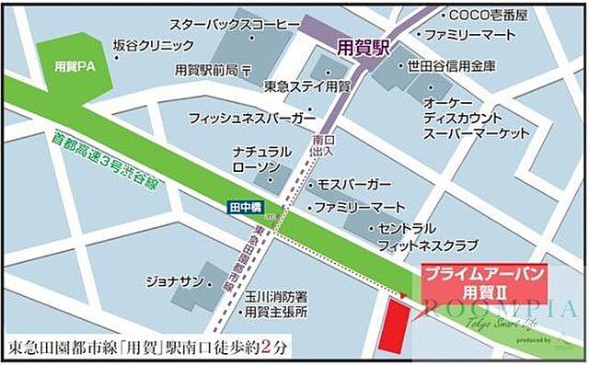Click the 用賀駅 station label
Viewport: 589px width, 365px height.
pos(364,49)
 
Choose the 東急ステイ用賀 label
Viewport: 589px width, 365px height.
pos(306,86)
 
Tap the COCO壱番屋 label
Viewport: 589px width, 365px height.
pos(488,16)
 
